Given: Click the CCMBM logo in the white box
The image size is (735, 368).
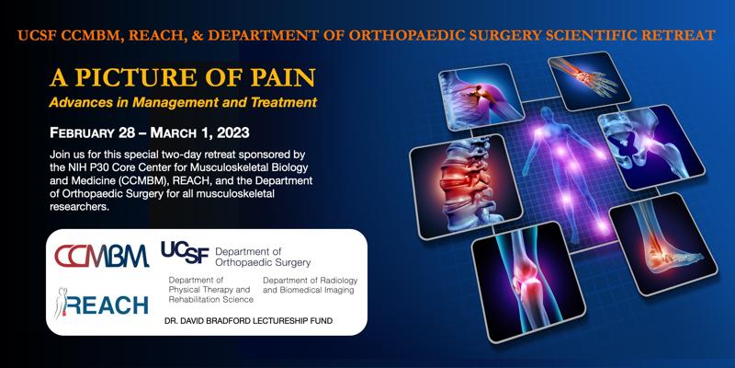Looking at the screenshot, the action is pos(102,257).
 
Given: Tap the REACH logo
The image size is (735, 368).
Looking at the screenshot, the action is pos(102,304).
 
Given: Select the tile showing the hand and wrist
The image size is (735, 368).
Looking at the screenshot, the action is pos(588,80).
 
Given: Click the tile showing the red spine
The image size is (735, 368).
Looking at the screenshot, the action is pos(466,186).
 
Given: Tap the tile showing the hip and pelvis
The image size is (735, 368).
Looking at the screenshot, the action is pos(651,147).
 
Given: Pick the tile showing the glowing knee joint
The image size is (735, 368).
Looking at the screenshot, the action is pos(529,282).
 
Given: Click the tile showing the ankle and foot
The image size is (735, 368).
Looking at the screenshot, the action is pos(662,244).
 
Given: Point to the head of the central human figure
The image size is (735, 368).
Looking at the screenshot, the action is pos(547,114).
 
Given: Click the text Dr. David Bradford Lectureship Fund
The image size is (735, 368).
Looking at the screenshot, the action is pos(248,321).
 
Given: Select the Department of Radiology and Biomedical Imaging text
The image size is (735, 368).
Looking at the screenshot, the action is pos(310,285).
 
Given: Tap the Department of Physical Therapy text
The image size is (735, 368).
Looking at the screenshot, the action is pos(211,290).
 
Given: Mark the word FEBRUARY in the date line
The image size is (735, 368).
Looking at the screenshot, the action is pos(82,133).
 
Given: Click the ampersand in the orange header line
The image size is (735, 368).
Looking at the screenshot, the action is pos(198,35).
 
